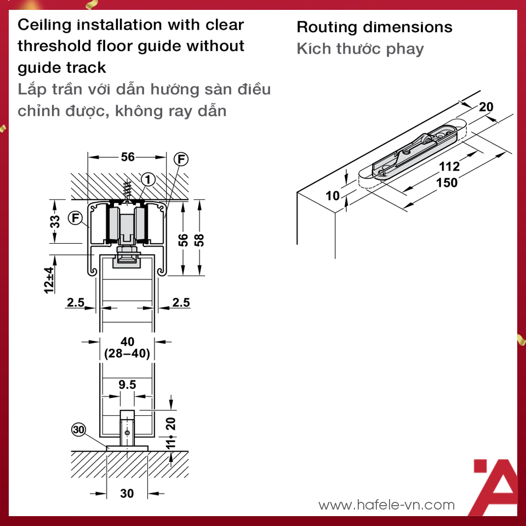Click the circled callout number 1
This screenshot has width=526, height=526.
click(148, 180)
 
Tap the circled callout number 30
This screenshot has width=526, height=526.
click(78, 430)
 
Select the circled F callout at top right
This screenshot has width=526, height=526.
click(181, 159)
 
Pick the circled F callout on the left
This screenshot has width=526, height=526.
click(76, 218)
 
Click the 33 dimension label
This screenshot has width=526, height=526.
click(55, 221)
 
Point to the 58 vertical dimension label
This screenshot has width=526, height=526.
click(199, 240)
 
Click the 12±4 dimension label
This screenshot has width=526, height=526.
click(49, 280)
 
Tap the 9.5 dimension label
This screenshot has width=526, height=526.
click(127, 385)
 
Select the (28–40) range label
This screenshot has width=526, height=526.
click(127, 353)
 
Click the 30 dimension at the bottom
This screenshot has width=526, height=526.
click(127, 493)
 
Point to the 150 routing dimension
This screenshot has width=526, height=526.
click(447, 183)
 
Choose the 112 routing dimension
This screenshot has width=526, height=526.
click(449, 167)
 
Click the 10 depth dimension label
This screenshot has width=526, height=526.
click(333, 196)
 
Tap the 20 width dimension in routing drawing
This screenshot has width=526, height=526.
click(486, 107)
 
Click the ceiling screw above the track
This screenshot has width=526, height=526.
click(127, 192)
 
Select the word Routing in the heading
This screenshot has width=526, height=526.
click(327, 28)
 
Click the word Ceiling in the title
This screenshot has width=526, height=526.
click(44, 26)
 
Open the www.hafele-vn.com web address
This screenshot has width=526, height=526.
click(386, 505)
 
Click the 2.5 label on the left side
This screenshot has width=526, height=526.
click(76, 302)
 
